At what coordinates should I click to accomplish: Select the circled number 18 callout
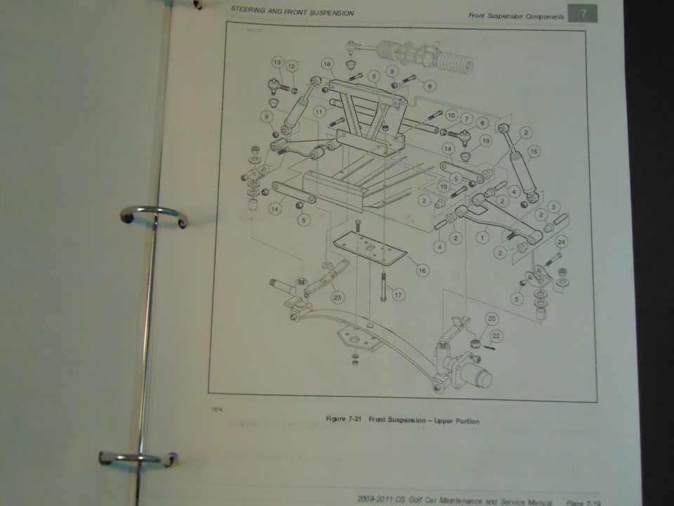pos(326,64)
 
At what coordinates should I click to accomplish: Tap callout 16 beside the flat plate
pos(421,269)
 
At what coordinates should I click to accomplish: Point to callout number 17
pos(397,295)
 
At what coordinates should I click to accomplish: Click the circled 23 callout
pos(338,297)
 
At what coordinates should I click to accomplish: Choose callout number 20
pos(491,318)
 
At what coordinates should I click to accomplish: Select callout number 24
pos(561,242)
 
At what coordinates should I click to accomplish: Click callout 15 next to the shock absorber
pos(534,151)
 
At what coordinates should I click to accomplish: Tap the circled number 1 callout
pos(482,238)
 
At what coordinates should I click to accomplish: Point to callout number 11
pos(319,112)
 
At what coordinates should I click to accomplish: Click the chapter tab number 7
pos(582,13)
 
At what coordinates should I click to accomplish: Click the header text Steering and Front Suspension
pos(292,13)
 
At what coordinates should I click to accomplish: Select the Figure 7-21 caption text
pos(402,420)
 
